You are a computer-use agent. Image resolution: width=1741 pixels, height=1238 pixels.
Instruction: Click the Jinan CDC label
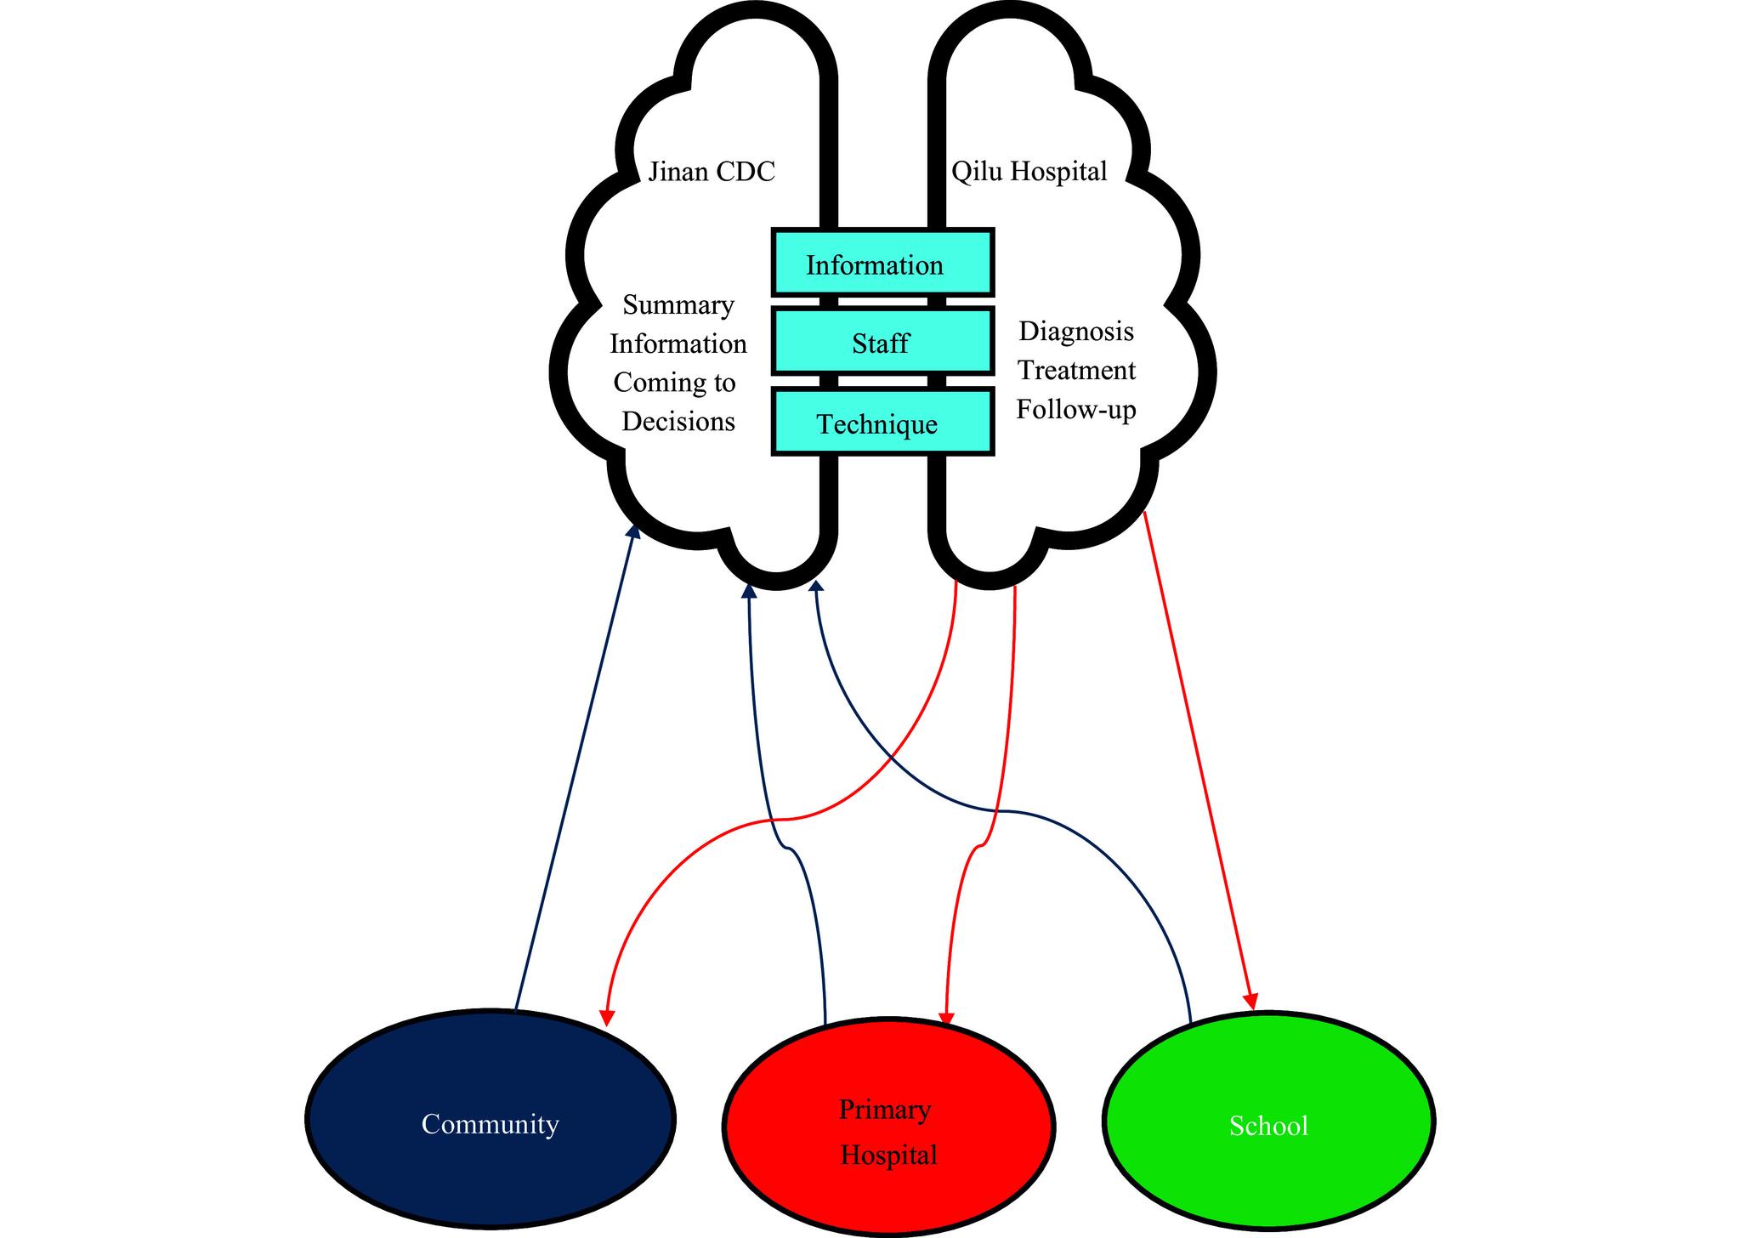click(712, 172)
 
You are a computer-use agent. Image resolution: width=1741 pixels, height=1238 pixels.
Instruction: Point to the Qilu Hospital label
click(1029, 172)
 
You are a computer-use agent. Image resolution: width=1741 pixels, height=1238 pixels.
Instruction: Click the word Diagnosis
click(1076, 331)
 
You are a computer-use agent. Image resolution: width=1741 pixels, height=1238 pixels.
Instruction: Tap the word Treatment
click(1076, 371)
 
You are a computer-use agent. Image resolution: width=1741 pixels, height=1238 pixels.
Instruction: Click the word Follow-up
click(1076, 410)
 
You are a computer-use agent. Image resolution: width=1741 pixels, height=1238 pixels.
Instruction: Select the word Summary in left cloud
click(678, 304)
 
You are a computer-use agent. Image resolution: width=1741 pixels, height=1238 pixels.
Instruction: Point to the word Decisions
click(678, 421)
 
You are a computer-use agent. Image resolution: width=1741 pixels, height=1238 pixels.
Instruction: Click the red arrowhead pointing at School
click(1251, 1002)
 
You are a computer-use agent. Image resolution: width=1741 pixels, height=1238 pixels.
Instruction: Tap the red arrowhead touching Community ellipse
click(607, 1017)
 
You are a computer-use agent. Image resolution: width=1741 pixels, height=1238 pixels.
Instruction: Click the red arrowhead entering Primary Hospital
click(946, 1019)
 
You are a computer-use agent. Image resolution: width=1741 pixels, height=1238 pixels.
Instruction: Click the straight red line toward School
click(1197, 757)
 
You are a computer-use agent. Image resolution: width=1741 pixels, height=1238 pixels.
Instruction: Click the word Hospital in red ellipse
click(888, 1155)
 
